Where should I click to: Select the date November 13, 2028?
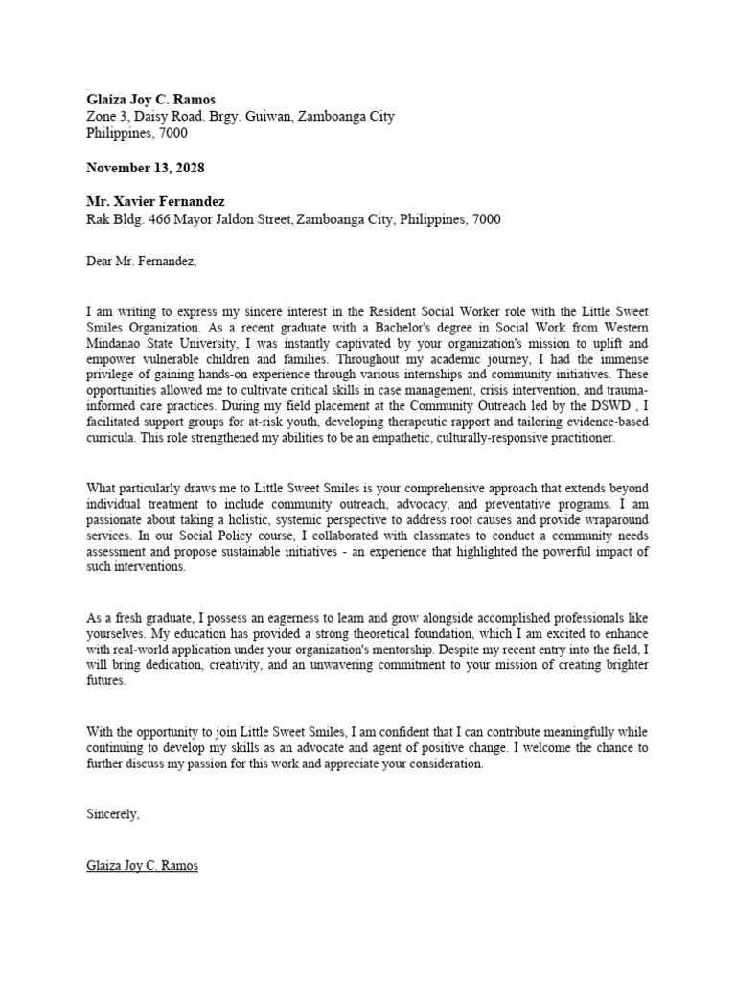[x=145, y=168]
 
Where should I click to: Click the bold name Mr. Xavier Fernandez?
[x=157, y=203]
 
